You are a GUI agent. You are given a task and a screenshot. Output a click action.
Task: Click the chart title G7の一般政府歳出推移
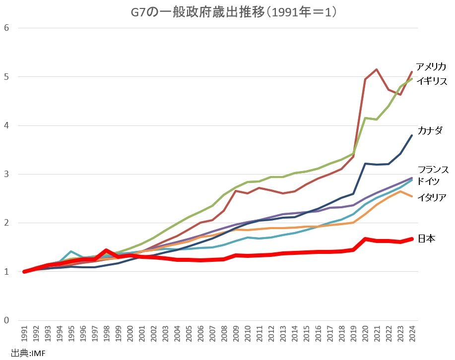227,11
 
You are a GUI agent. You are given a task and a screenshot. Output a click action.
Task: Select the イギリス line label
432,81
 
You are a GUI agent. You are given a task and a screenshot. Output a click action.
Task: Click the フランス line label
433,170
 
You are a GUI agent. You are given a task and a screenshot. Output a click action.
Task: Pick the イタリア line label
431,197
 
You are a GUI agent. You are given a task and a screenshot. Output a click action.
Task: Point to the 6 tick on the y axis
6,27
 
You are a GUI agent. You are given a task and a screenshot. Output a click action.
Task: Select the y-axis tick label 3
6,174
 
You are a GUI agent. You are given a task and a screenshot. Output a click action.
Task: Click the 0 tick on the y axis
6,320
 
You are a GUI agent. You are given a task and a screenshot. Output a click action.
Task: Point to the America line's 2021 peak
377,69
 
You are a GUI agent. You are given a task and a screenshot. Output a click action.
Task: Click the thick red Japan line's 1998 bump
106,250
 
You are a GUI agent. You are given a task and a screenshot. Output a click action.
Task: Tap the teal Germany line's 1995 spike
71,251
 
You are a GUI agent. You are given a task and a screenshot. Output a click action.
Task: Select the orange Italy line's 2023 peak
400,191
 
